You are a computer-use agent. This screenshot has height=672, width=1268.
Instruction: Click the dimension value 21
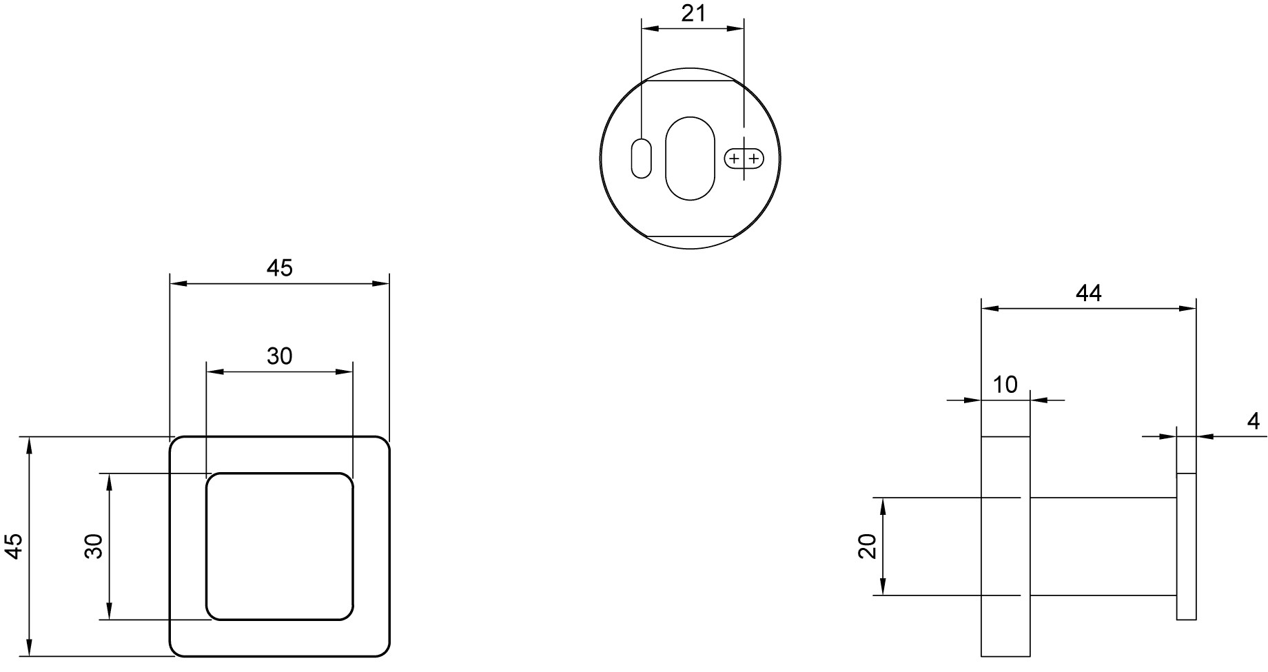[693, 13]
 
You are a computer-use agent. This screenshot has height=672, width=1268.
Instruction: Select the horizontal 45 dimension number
[280, 267]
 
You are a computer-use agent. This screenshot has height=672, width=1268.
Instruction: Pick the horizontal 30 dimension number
[280, 356]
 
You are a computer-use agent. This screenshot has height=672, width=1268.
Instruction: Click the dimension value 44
[1089, 293]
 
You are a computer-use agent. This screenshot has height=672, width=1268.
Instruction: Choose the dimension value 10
[1005, 385]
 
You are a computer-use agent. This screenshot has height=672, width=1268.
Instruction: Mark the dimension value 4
[1254, 420]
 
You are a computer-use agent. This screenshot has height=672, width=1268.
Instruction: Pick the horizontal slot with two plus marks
[744, 159]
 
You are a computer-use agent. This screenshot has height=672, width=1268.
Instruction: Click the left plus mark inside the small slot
[735, 159]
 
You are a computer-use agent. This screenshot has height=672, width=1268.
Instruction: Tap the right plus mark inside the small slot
[754, 159]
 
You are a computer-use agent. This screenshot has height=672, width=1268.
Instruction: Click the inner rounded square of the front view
[207, 547]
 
